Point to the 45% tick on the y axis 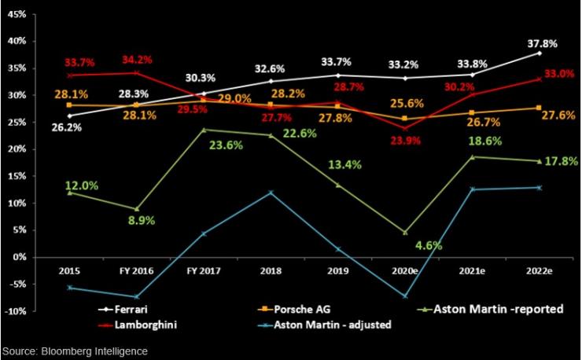17,13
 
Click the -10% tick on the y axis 15,311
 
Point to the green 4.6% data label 429,245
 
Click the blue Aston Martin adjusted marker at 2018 271,193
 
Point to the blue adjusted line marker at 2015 70,288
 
